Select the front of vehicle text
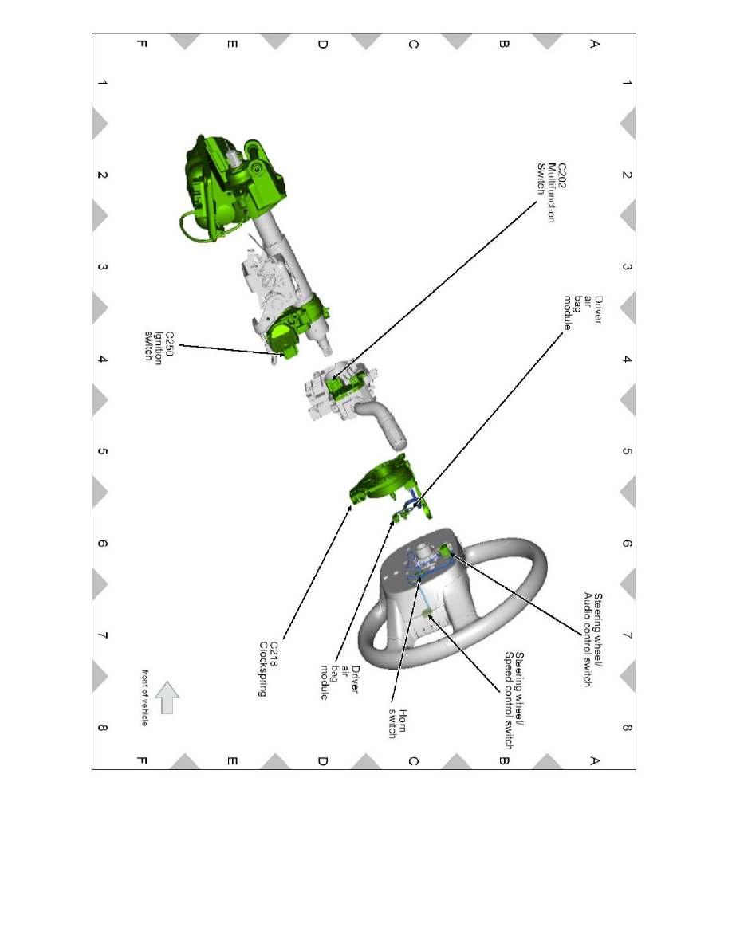(x=145, y=695)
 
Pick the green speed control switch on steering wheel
(x=428, y=613)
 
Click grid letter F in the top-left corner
(x=140, y=45)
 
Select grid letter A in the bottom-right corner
(x=592, y=760)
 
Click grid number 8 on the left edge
(x=102, y=728)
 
